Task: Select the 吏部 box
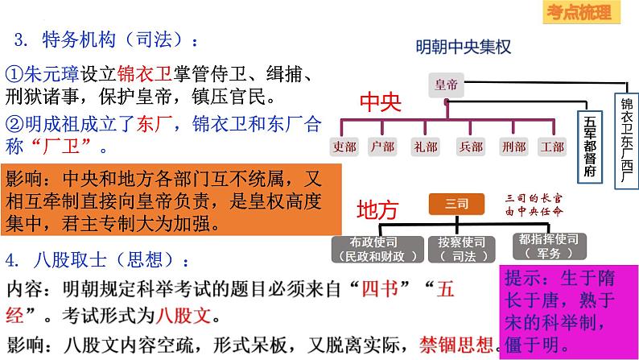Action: [344, 147]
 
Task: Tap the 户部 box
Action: [385, 147]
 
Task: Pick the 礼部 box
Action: [427, 147]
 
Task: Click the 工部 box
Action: [552, 147]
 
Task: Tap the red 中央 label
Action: [379, 104]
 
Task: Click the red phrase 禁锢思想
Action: [451, 344]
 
